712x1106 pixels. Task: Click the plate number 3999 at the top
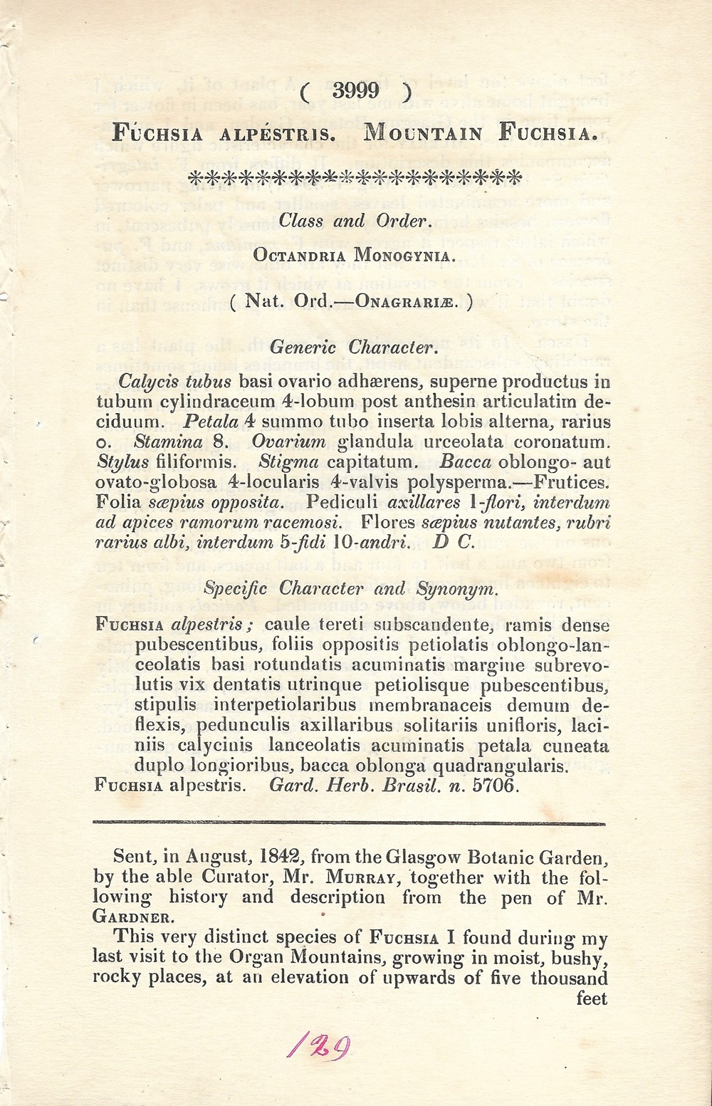[x=355, y=92]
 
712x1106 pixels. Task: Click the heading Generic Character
[x=352, y=348]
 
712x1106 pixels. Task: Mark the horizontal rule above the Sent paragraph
[x=349, y=823]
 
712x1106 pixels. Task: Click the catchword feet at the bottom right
[x=591, y=998]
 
